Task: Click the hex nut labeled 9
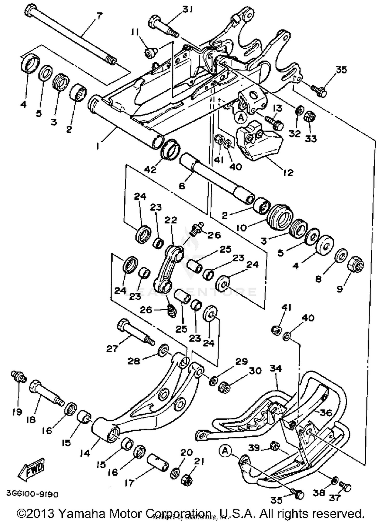point(356,265)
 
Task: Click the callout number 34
point(276,368)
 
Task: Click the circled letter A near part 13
point(241,117)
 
